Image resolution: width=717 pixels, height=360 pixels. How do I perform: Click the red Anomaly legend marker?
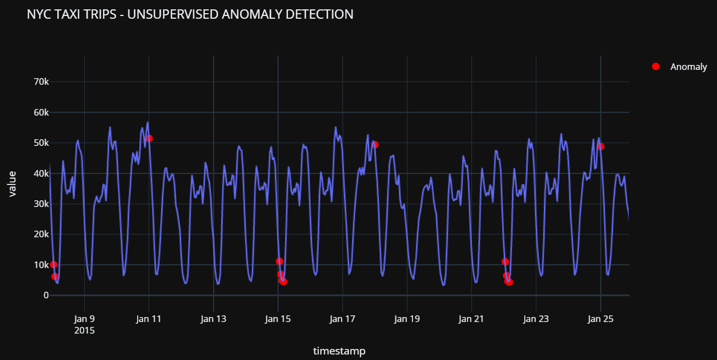[655, 67]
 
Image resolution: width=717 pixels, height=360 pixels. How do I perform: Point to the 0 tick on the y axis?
[46, 295]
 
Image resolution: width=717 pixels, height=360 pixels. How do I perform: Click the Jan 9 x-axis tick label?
[84, 319]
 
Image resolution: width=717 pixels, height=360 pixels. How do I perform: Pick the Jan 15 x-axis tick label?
[278, 319]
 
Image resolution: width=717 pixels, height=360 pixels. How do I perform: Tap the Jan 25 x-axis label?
[600, 319]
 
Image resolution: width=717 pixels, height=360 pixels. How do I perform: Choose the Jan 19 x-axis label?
[407, 319]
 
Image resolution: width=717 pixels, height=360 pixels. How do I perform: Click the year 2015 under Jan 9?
[84, 331]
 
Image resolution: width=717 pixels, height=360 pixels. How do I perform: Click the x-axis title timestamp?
[339, 351]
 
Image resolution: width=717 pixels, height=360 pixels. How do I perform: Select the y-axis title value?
[12, 184]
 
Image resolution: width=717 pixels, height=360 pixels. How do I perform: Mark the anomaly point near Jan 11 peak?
[149, 138]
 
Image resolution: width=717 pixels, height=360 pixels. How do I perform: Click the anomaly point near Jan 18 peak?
[375, 145]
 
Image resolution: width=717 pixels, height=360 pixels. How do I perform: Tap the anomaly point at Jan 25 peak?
[601, 146]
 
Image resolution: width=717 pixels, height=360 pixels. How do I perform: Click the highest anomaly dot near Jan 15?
[279, 261]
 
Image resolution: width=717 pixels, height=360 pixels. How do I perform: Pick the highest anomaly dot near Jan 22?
[505, 261]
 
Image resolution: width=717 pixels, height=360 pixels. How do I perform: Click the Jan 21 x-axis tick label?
[471, 319]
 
